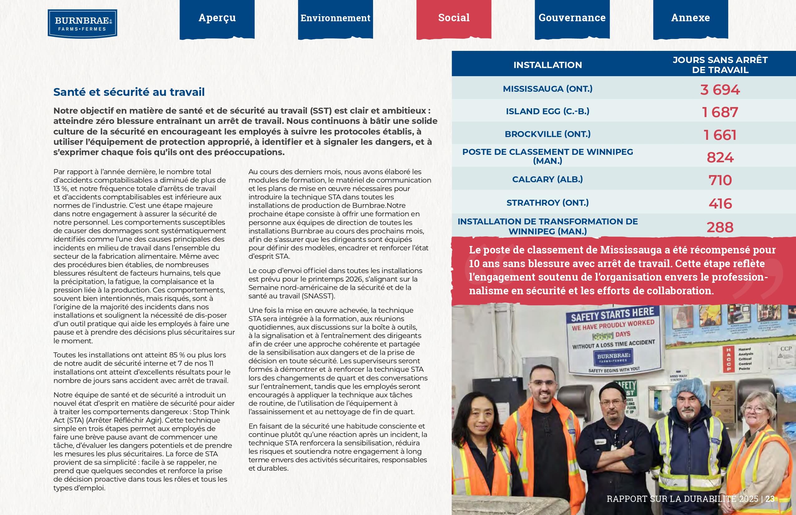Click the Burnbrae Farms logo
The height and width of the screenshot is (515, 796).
pyautogui.click(x=82, y=23)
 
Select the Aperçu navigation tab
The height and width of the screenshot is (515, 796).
pyautogui.click(x=217, y=18)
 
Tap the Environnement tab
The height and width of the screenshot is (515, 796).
pyautogui.click(x=335, y=18)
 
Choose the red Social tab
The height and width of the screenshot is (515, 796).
pyautogui.click(x=454, y=18)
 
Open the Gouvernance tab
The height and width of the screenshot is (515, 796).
pyautogui.click(x=572, y=18)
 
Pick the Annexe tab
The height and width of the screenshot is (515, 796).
pyautogui.click(x=690, y=18)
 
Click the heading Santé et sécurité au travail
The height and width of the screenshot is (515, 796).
pyautogui.click(x=129, y=92)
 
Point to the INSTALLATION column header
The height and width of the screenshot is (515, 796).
pyautogui.click(x=548, y=65)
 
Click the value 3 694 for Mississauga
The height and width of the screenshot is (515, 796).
pyautogui.click(x=720, y=90)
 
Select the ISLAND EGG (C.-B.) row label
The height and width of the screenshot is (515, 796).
pyautogui.click(x=548, y=111)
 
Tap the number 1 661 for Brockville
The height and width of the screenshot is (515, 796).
pyautogui.click(x=720, y=135)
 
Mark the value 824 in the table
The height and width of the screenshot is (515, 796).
pyautogui.click(x=720, y=158)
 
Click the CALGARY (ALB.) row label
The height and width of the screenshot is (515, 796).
pyautogui.click(x=548, y=179)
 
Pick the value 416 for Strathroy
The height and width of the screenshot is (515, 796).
pyautogui.click(x=720, y=204)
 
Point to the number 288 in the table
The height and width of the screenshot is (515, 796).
pyautogui.click(x=720, y=228)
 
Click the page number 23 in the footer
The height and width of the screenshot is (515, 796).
pyautogui.click(x=770, y=499)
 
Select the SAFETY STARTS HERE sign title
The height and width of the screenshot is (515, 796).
pyautogui.click(x=612, y=314)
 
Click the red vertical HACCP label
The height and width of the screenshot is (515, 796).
pyautogui.click(x=729, y=360)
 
